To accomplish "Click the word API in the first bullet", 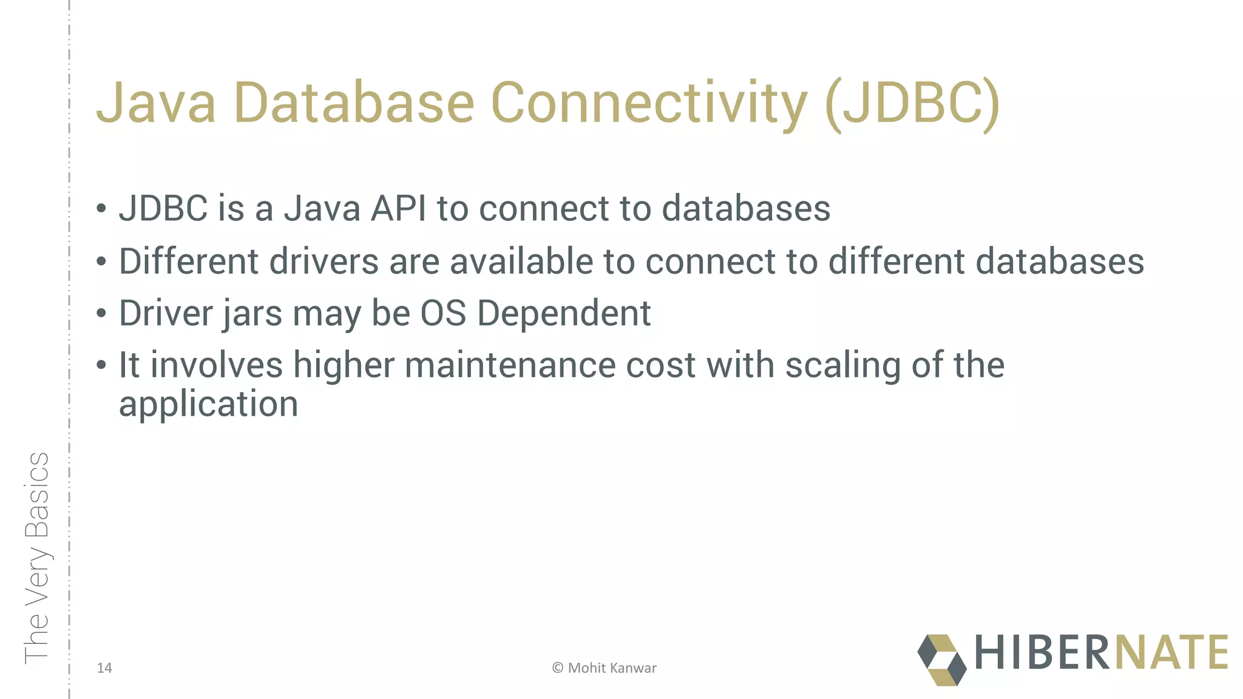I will pyautogui.click(x=398, y=209).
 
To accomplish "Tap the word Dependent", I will pyautogui.click(x=564, y=314).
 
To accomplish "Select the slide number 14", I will pyautogui.click(x=104, y=668).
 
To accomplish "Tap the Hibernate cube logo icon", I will pyautogui.click(x=941, y=660).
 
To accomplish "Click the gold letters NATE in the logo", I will pyautogui.click(x=1171, y=653).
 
